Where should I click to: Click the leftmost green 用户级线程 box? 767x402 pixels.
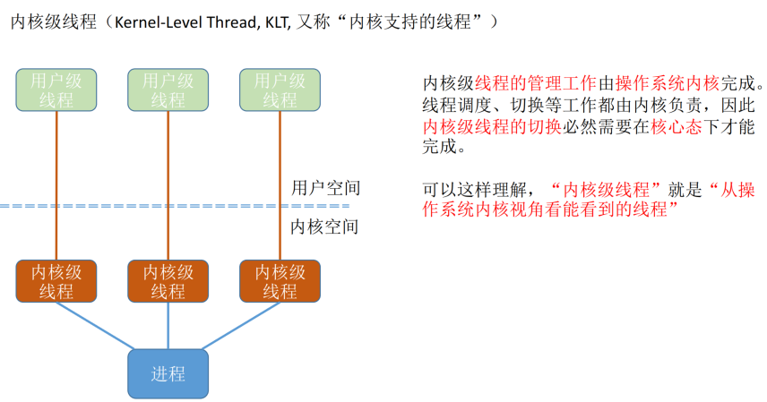click(56, 90)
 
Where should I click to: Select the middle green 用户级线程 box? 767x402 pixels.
click(168, 90)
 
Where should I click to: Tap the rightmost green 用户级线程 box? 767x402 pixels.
click(280, 90)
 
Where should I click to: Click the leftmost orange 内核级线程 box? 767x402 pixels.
click(56, 281)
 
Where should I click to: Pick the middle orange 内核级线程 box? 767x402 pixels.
click(168, 281)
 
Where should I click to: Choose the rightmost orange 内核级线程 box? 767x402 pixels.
click(280, 281)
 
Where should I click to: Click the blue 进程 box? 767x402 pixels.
click(168, 373)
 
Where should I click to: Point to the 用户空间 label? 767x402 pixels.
click(325, 188)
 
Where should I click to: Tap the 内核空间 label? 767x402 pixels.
click(325, 227)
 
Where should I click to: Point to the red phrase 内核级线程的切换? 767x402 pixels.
click(492, 127)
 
